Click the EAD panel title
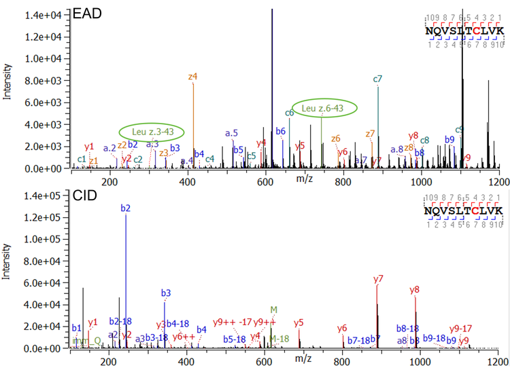click(x=86, y=12)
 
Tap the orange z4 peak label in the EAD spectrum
click(x=193, y=77)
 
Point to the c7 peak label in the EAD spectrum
click(x=377, y=79)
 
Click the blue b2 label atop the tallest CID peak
click(x=126, y=208)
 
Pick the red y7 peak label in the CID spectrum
click(x=379, y=278)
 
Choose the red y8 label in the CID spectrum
click(x=415, y=290)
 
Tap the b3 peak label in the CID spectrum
click(x=166, y=293)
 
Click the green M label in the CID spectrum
click(x=273, y=309)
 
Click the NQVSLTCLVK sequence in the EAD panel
click(x=464, y=31)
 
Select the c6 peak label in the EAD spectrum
click(x=290, y=113)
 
